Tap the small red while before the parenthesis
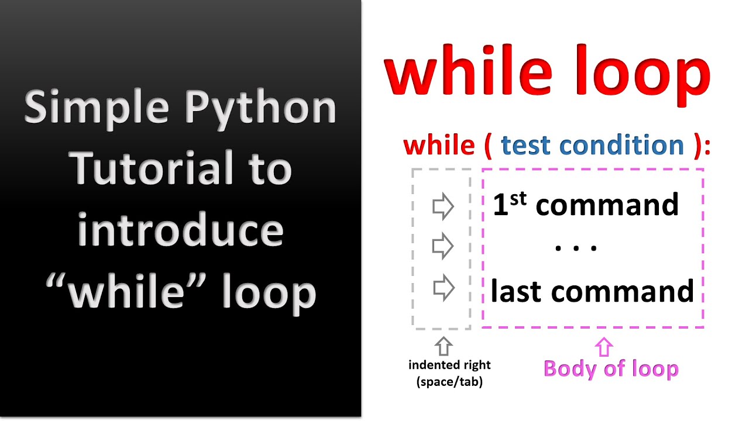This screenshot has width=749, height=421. (438, 145)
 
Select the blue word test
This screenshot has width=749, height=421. (527, 145)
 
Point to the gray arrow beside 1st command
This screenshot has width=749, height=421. (443, 206)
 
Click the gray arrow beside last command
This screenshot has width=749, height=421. (444, 289)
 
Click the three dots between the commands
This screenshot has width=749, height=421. (576, 248)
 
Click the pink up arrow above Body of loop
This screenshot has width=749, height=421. (603, 347)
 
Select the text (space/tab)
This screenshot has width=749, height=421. (449, 383)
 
